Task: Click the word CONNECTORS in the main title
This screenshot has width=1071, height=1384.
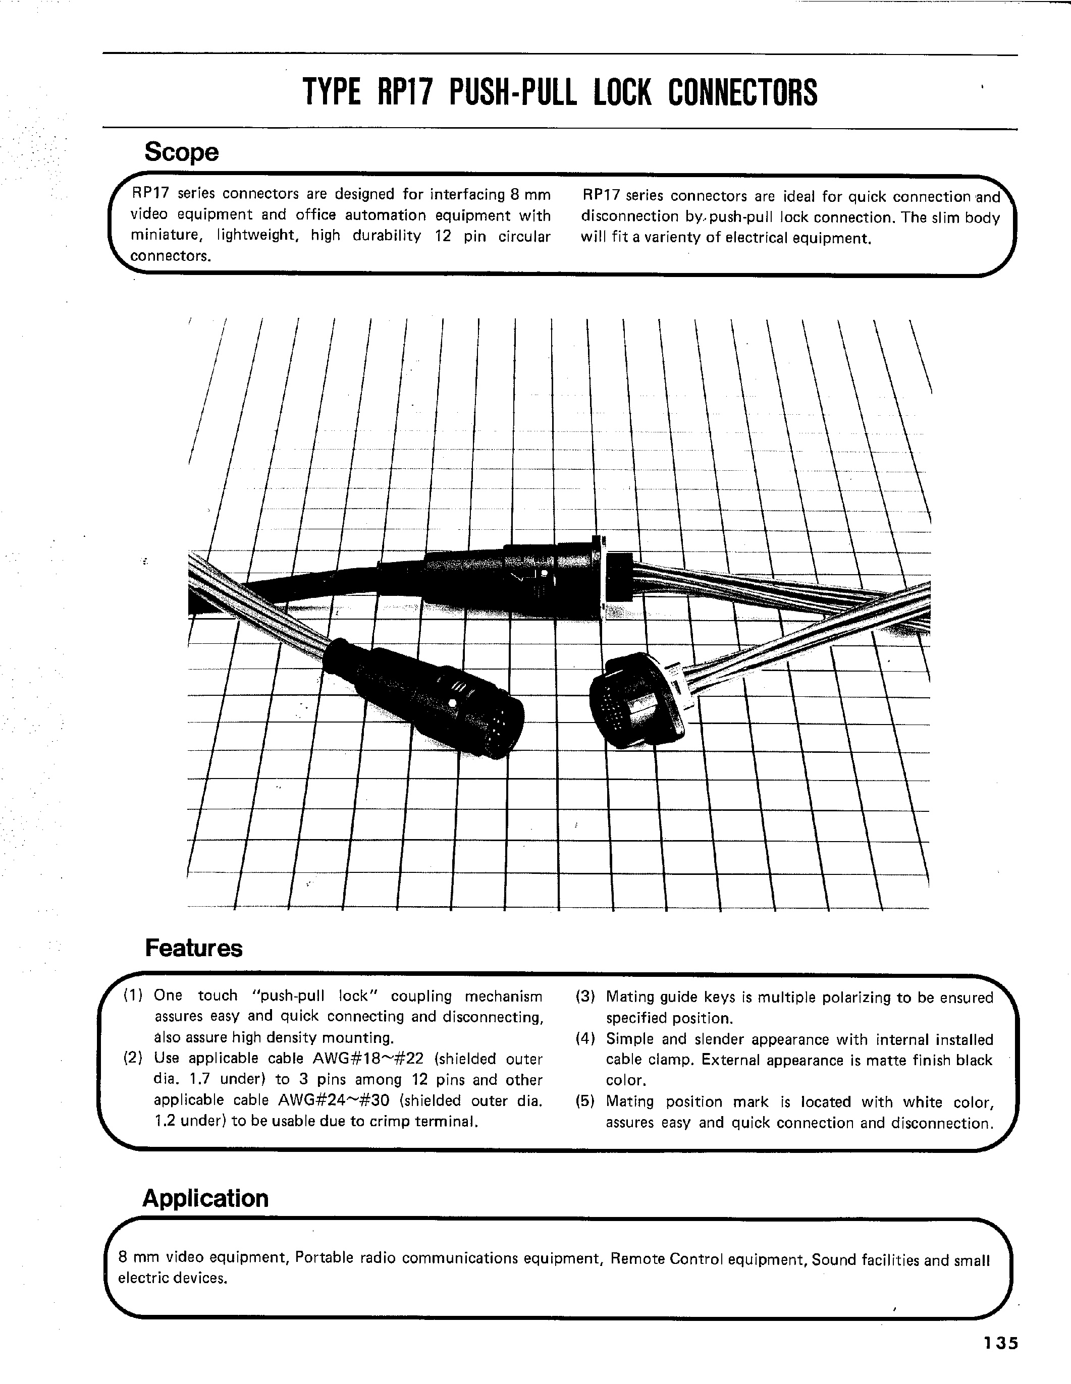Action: pyautogui.click(x=742, y=92)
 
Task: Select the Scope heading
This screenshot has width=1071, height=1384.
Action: pyautogui.click(x=181, y=152)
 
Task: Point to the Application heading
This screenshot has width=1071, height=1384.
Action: pyautogui.click(x=205, y=1198)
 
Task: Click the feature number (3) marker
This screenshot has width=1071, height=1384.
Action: pyautogui.click(x=585, y=997)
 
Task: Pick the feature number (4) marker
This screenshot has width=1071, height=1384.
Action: pyautogui.click(x=585, y=1039)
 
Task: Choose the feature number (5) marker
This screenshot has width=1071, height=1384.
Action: pyautogui.click(x=585, y=1101)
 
